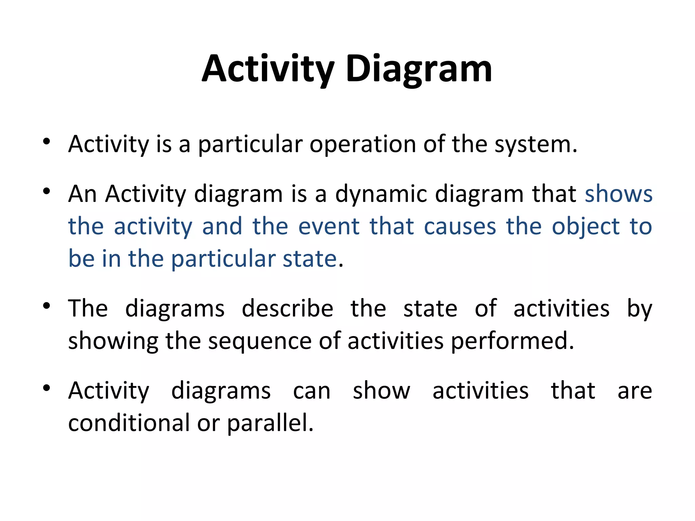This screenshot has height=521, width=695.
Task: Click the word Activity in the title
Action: pos(268,69)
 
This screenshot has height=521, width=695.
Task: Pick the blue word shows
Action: pos(618,194)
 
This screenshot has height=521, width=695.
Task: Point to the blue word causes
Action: pos(460,227)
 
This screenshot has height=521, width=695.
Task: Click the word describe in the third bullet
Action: pos(287,309)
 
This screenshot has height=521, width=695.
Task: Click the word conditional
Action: pos(129,423)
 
